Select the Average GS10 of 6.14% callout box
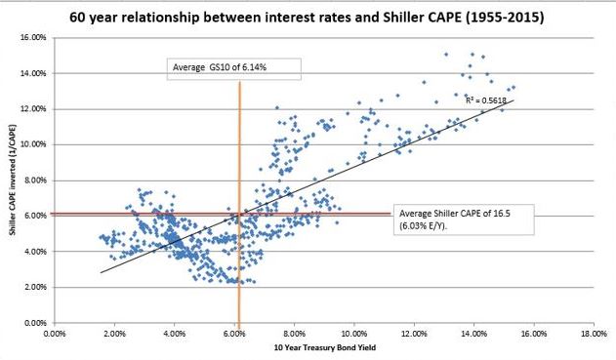coord(232,67)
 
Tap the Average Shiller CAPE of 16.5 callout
coord(455,220)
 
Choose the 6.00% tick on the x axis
coord(234,333)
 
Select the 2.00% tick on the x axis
coord(114,333)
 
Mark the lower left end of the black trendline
coord(101,273)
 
